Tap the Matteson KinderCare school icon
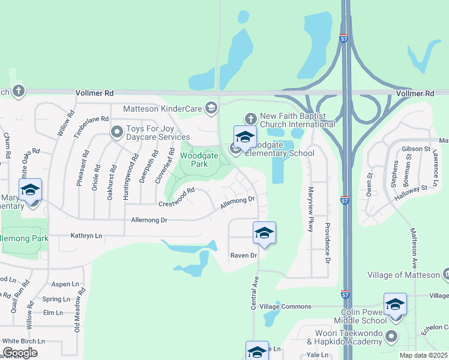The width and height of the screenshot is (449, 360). (x=211, y=108)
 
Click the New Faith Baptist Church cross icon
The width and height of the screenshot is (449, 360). (x=251, y=119)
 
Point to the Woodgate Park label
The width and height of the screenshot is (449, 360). (x=196, y=159)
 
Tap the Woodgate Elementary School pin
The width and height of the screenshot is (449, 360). (x=245, y=138)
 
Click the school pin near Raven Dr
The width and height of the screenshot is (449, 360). (x=264, y=233)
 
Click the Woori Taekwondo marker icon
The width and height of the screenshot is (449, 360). (x=392, y=335)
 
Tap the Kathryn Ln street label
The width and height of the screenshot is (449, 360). (x=86, y=235)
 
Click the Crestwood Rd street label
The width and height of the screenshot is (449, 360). (x=177, y=198)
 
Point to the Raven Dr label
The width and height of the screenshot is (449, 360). (x=244, y=256)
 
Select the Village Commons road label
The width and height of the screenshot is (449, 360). (x=285, y=306)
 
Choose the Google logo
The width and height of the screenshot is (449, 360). (x=20, y=353)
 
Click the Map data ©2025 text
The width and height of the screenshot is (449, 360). (x=423, y=355)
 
